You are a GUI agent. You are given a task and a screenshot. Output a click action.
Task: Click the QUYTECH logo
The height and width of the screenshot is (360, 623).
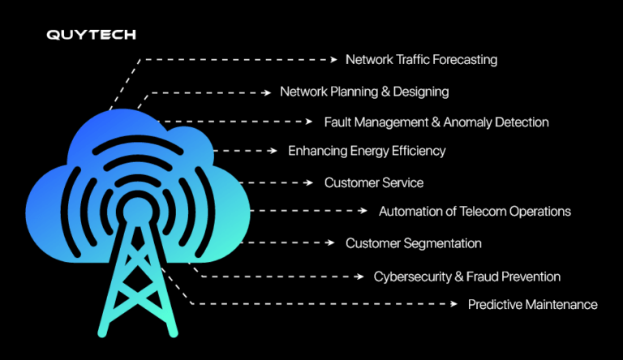point(91,35)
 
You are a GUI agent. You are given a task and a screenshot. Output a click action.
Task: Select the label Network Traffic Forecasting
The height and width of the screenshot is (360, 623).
point(421,60)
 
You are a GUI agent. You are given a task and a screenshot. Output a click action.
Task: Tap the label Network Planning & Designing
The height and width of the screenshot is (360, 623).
point(364,92)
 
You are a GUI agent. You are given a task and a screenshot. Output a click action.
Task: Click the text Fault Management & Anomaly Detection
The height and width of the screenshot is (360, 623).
point(436,122)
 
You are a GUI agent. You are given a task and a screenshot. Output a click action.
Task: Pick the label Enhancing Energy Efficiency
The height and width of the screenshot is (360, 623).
point(367,151)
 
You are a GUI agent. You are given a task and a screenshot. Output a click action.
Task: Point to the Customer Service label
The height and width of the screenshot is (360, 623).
point(374,183)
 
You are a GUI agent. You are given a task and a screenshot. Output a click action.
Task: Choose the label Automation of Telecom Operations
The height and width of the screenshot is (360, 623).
point(475,212)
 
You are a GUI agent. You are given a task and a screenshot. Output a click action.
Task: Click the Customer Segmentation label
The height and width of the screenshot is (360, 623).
point(414,243)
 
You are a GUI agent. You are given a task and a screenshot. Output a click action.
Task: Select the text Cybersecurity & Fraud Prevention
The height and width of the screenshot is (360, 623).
point(466,277)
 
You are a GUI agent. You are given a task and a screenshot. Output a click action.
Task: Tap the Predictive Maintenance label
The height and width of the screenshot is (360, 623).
point(532,305)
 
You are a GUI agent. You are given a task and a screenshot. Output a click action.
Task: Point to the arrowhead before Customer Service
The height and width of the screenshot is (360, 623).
point(311,183)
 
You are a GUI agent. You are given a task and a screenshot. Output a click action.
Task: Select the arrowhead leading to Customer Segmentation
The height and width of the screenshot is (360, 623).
point(331,243)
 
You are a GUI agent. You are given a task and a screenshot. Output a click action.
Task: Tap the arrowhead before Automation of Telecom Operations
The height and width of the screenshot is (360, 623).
point(364,211)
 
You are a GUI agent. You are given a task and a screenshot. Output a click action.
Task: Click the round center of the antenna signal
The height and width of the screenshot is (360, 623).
point(131,209)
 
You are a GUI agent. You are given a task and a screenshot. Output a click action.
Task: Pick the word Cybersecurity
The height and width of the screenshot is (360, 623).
point(412,277)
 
